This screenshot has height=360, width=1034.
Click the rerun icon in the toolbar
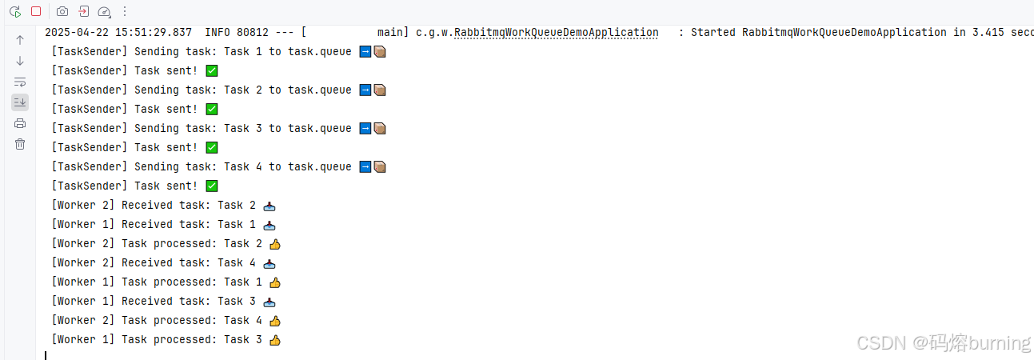pyautogui.click(x=15, y=12)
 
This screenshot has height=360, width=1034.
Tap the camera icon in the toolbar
pyautogui.click(x=62, y=12)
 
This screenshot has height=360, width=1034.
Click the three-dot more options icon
pyautogui.click(x=125, y=12)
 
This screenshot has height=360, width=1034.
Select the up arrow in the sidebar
pyautogui.click(x=20, y=39)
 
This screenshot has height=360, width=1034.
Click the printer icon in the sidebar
pyautogui.click(x=20, y=123)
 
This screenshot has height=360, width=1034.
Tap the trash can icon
pyautogui.click(x=20, y=144)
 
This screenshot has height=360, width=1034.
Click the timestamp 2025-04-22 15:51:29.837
pyautogui.click(x=118, y=33)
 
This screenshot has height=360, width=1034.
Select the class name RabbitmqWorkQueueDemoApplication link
pyautogui.click(x=557, y=33)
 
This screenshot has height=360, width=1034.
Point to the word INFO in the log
pyautogui.click(x=218, y=33)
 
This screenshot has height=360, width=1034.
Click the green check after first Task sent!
pyautogui.click(x=212, y=71)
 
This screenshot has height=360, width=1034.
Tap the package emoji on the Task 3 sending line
pyautogui.click(x=380, y=129)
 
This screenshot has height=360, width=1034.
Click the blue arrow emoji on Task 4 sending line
pyautogui.click(x=365, y=167)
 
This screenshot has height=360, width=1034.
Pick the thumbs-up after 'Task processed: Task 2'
pyautogui.click(x=275, y=244)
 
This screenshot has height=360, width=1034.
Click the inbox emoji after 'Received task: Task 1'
pyautogui.click(x=269, y=225)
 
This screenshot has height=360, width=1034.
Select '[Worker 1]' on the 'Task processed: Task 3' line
pyautogui.click(x=84, y=340)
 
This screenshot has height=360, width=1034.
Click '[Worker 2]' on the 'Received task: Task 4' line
pyautogui.click(x=84, y=263)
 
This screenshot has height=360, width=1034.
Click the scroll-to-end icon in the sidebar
pyautogui.click(x=20, y=102)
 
